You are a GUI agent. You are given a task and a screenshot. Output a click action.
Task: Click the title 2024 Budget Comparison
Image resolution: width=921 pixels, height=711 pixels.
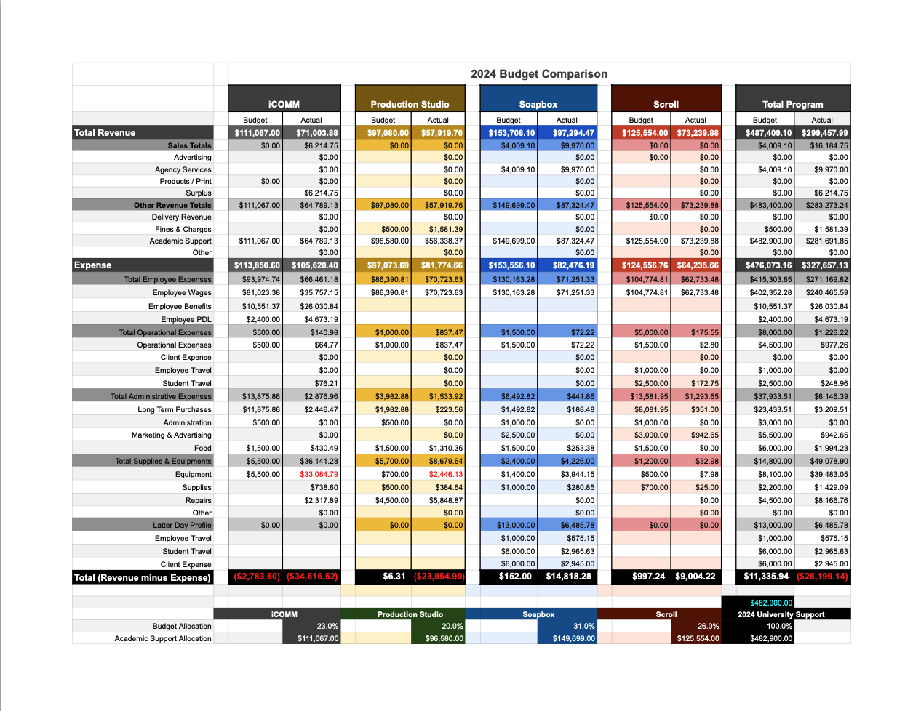tap(538, 74)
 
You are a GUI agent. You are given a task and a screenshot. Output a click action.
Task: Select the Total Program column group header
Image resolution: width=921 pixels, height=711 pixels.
tap(792, 104)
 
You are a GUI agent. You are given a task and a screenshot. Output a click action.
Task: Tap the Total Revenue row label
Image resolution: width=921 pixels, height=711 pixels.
tap(105, 133)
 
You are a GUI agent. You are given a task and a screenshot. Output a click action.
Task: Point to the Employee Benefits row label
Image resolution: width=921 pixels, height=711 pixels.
tap(180, 306)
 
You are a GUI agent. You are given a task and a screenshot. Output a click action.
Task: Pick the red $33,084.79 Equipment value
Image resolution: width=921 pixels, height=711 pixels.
tap(319, 474)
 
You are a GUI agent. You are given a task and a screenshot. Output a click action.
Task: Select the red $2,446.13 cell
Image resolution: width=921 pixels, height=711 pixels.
tap(445, 474)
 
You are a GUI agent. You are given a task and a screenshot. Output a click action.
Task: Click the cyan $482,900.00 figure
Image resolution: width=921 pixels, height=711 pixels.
tap(770, 603)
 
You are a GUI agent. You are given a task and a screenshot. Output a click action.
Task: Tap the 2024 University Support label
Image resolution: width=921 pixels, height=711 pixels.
tap(781, 614)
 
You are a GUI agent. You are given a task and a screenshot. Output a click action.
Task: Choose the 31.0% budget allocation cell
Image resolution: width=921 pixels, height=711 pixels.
tap(583, 626)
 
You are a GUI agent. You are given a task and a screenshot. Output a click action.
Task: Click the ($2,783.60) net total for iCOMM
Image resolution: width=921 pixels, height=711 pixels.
tap(256, 577)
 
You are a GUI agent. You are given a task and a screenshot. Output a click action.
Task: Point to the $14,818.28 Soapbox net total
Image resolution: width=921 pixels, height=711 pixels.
tap(568, 577)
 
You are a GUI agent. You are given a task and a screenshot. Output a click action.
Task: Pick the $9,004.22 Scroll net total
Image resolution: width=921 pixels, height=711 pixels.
tap(695, 577)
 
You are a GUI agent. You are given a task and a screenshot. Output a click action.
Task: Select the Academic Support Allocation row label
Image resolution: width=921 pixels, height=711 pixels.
tap(162, 638)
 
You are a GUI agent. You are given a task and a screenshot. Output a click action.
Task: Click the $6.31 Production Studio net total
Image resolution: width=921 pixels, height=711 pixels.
tap(394, 577)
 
